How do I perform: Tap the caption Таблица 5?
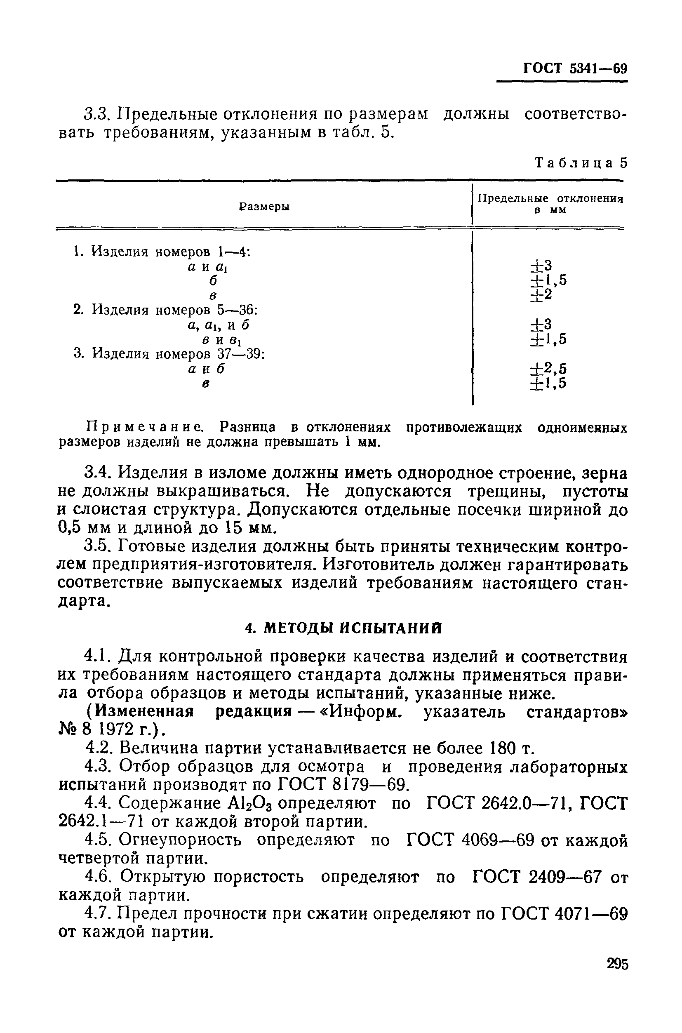click(581, 163)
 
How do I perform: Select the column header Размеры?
click(264, 207)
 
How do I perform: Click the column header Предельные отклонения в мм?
click(550, 204)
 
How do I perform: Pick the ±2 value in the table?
click(541, 295)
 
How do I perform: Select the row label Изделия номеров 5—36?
click(165, 310)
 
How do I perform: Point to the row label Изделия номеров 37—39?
click(169, 354)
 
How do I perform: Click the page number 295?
click(617, 964)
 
